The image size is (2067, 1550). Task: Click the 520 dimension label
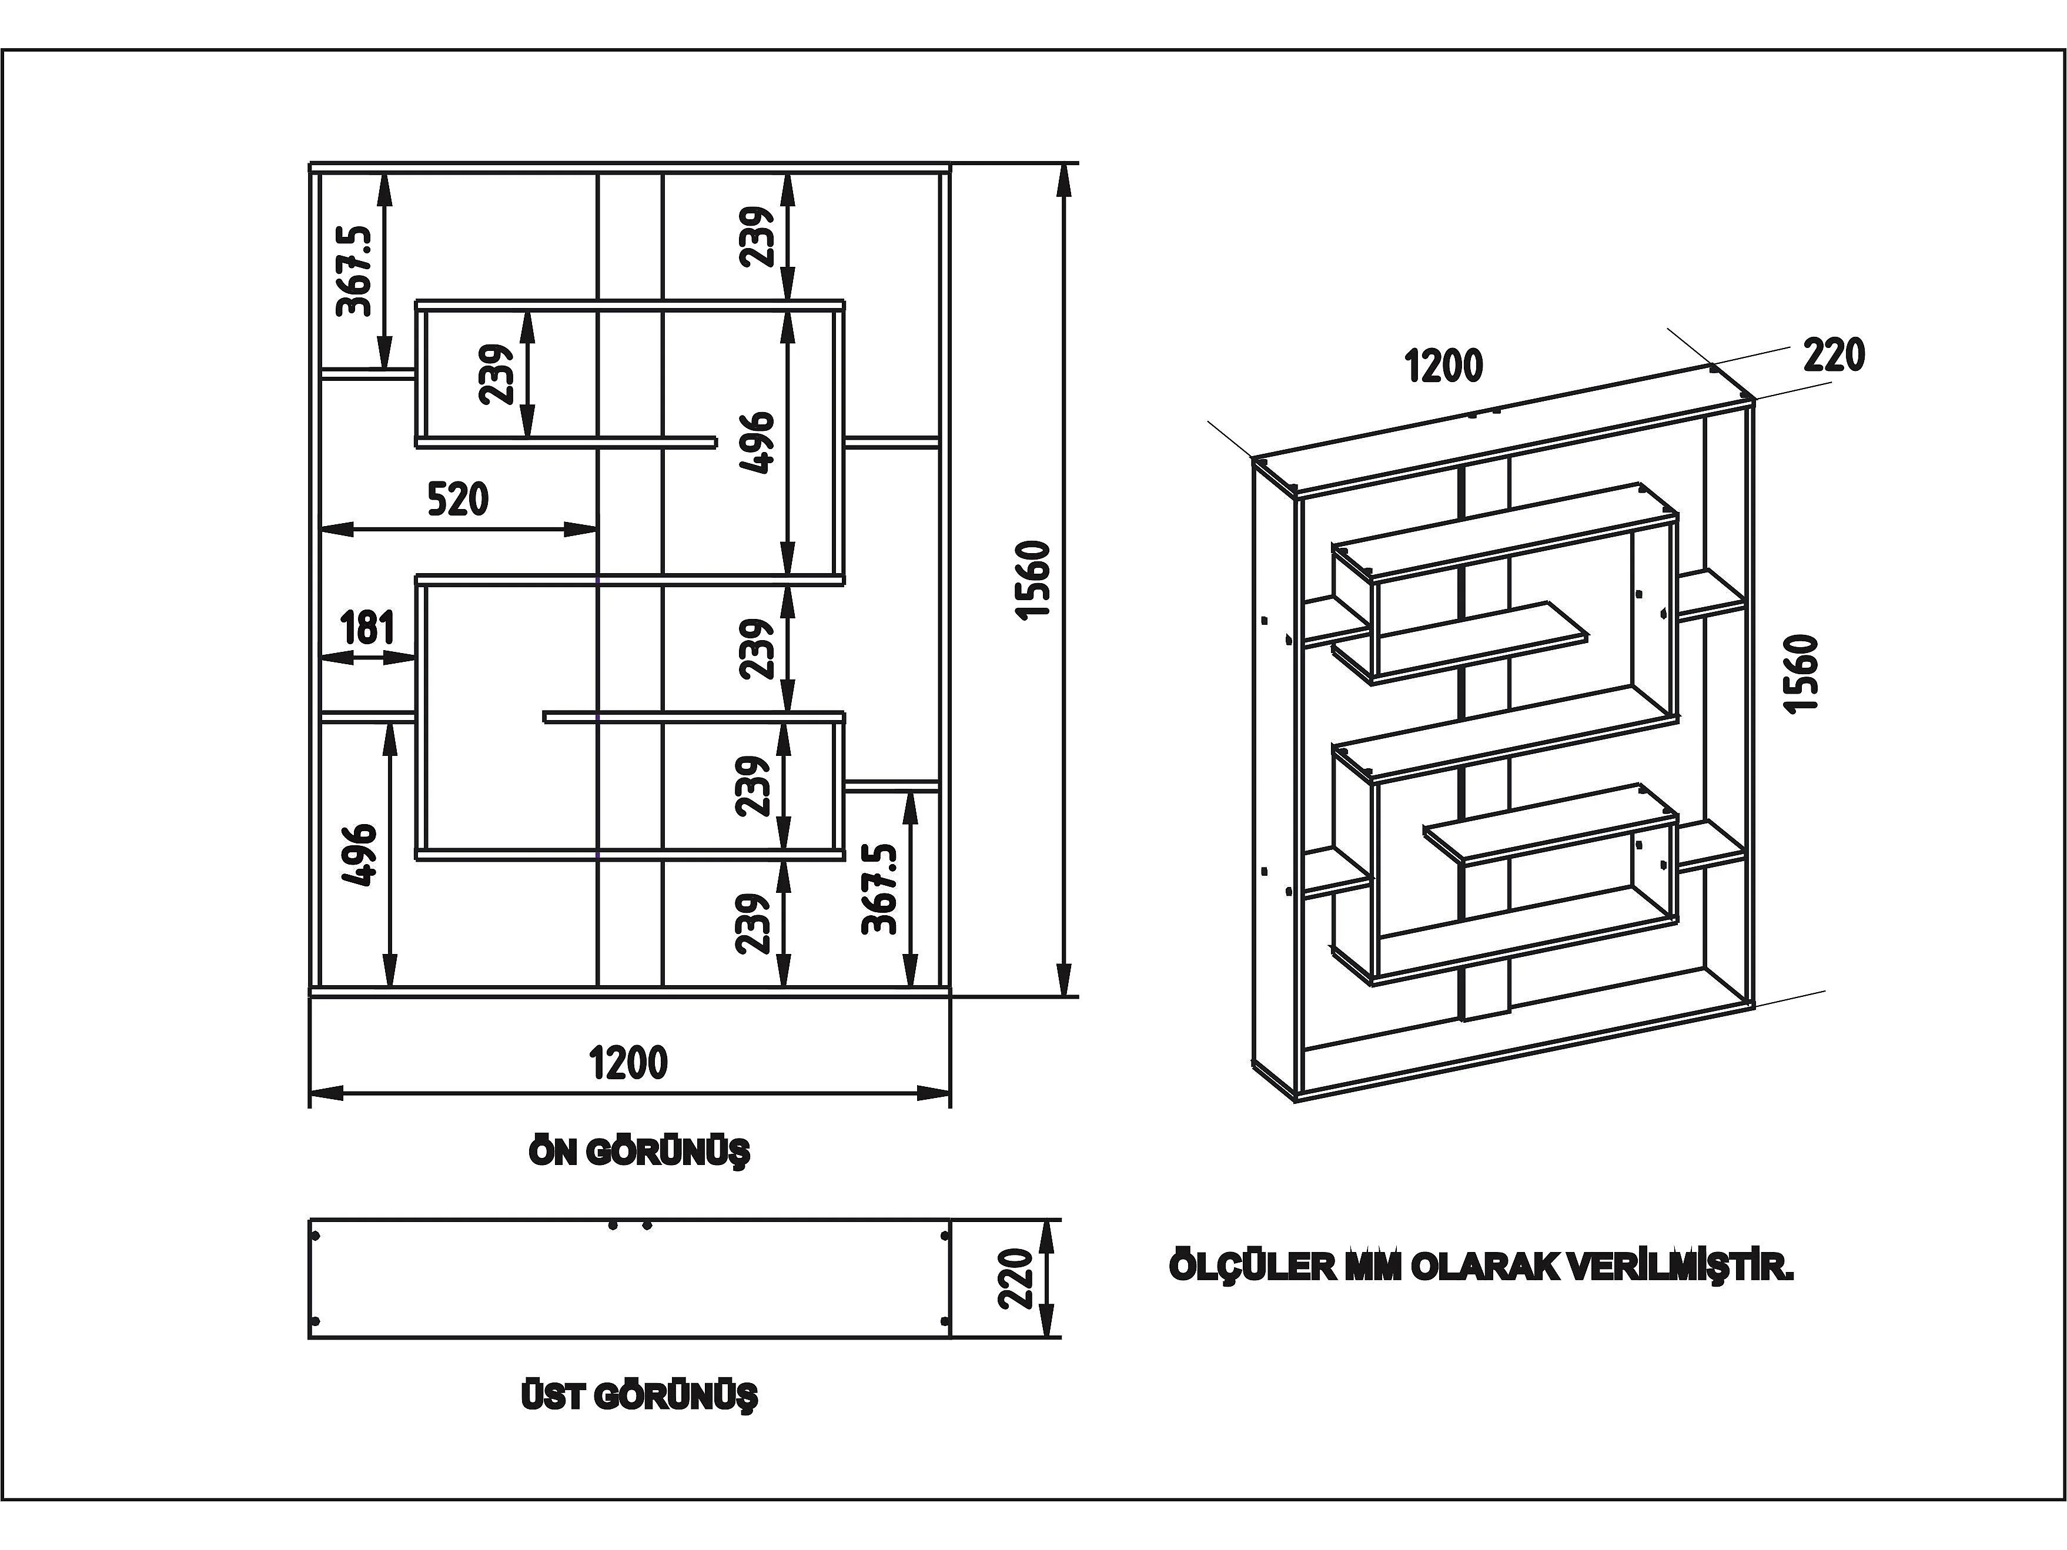tap(458, 499)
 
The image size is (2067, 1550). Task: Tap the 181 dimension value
tap(367, 627)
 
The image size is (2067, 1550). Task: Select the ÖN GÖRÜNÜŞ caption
tap(639, 1152)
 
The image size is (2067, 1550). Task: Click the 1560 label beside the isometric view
tap(1802, 672)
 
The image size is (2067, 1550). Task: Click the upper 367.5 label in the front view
tap(354, 270)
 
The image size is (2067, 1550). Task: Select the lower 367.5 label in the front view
tap(879, 889)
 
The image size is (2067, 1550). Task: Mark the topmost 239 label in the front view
tap(757, 236)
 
